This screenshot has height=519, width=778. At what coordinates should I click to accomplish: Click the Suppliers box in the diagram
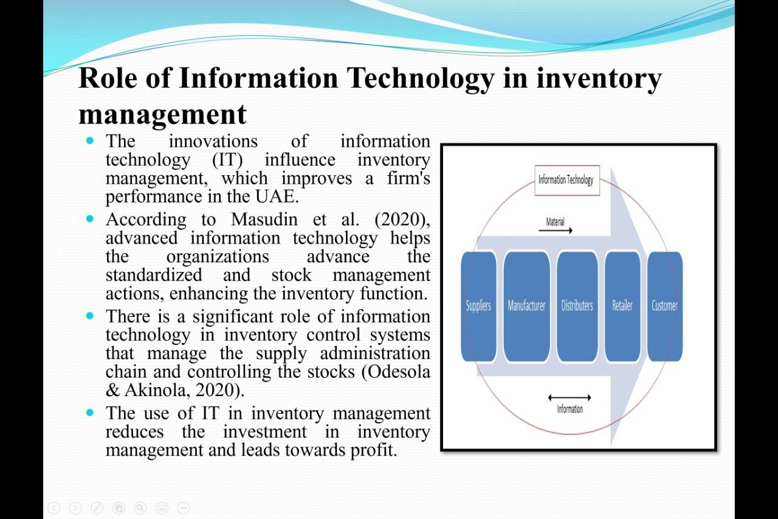click(478, 306)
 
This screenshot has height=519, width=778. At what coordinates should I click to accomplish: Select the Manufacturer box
click(526, 306)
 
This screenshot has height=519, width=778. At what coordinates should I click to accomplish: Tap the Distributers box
click(577, 306)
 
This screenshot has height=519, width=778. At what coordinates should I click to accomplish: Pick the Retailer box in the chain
click(622, 306)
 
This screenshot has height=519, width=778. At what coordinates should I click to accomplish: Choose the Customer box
click(664, 306)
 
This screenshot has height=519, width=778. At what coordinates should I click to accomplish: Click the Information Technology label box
click(566, 180)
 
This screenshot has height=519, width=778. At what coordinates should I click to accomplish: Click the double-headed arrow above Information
click(570, 398)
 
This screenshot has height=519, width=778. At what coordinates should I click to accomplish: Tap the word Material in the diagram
click(556, 222)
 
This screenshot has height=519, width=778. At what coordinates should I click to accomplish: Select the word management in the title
click(163, 114)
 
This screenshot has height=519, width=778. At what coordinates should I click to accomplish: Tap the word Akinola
click(156, 390)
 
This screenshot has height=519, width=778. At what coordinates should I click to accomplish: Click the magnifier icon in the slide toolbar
click(140, 507)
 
